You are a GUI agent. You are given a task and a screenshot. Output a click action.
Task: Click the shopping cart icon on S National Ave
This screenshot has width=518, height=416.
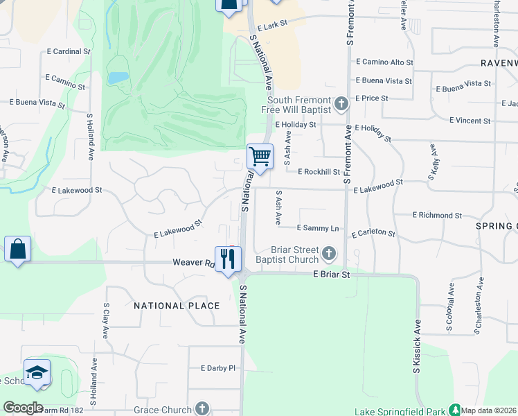[x=260, y=157]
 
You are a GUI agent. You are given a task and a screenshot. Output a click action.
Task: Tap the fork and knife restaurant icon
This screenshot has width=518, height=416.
[x=228, y=259]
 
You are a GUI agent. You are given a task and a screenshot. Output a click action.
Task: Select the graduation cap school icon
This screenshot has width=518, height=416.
[x=37, y=372]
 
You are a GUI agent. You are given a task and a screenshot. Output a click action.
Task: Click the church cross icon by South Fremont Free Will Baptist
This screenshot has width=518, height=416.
[x=341, y=104]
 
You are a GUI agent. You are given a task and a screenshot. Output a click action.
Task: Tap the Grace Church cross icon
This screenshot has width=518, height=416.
[x=202, y=408]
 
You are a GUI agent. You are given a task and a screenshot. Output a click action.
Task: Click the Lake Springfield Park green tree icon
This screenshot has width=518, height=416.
[x=455, y=410]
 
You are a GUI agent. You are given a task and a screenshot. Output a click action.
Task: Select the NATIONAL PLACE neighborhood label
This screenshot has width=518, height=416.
[x=177, y=306]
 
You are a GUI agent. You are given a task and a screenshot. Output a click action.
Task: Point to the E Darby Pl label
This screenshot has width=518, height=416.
[x=218, y=368]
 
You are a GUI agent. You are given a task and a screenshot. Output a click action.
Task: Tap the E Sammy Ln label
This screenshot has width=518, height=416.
[x=318, y=228]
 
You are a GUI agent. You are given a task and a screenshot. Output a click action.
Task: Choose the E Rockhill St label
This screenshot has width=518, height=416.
[x=319, y=172]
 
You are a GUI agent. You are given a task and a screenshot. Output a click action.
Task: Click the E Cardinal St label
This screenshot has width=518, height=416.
[x=69, y=51]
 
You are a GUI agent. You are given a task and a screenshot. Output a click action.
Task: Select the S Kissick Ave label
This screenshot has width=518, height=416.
[x=417, y=347]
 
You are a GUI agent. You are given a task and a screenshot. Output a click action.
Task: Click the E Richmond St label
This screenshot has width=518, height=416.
[x=437, y=216]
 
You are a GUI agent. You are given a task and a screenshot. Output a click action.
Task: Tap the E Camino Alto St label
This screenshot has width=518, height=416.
[x=384, y=62]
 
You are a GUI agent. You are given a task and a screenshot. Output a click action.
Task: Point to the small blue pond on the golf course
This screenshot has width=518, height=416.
[x=117, y=78]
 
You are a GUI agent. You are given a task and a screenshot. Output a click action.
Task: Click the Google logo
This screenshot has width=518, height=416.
[x=23, y=408]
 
